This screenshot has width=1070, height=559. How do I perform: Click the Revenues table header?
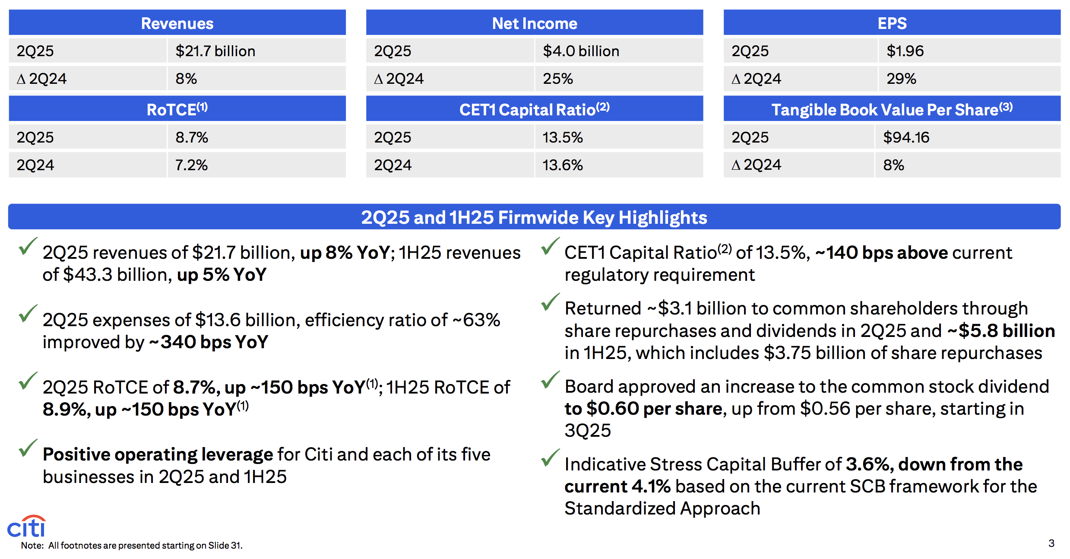pos(177,23)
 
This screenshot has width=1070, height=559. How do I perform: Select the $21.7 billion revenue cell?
pos(215,51)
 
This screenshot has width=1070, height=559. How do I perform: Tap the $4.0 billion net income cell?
pos(581,51)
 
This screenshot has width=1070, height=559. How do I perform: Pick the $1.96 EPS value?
pos(905,51)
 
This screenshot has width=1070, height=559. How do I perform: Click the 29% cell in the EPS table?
pos(901,79)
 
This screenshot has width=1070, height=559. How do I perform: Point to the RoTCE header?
pos(177,110)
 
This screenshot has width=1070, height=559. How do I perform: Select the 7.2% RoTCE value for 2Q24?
pos(191,165)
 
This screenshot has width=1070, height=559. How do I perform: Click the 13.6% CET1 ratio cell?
pos(562,165)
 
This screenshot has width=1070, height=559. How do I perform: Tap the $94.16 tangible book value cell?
pos(906,137)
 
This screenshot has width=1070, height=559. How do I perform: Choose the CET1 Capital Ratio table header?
pos(534,110)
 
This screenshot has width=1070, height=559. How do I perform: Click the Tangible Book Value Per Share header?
pos(892,110)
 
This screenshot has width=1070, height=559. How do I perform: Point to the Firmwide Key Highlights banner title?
pos(534,217)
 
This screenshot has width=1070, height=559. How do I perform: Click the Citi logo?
pos(26,526)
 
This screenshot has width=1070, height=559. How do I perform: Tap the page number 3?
pos(1051,543)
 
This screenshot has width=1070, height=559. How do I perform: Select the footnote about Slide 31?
pos(132,546)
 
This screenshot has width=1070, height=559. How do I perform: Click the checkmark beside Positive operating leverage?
pos(28,448)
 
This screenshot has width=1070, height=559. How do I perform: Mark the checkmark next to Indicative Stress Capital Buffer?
pos(550,458)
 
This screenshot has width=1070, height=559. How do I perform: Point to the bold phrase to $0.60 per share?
pos(643,409)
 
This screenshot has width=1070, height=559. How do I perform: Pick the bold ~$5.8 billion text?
pos(1001,331)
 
